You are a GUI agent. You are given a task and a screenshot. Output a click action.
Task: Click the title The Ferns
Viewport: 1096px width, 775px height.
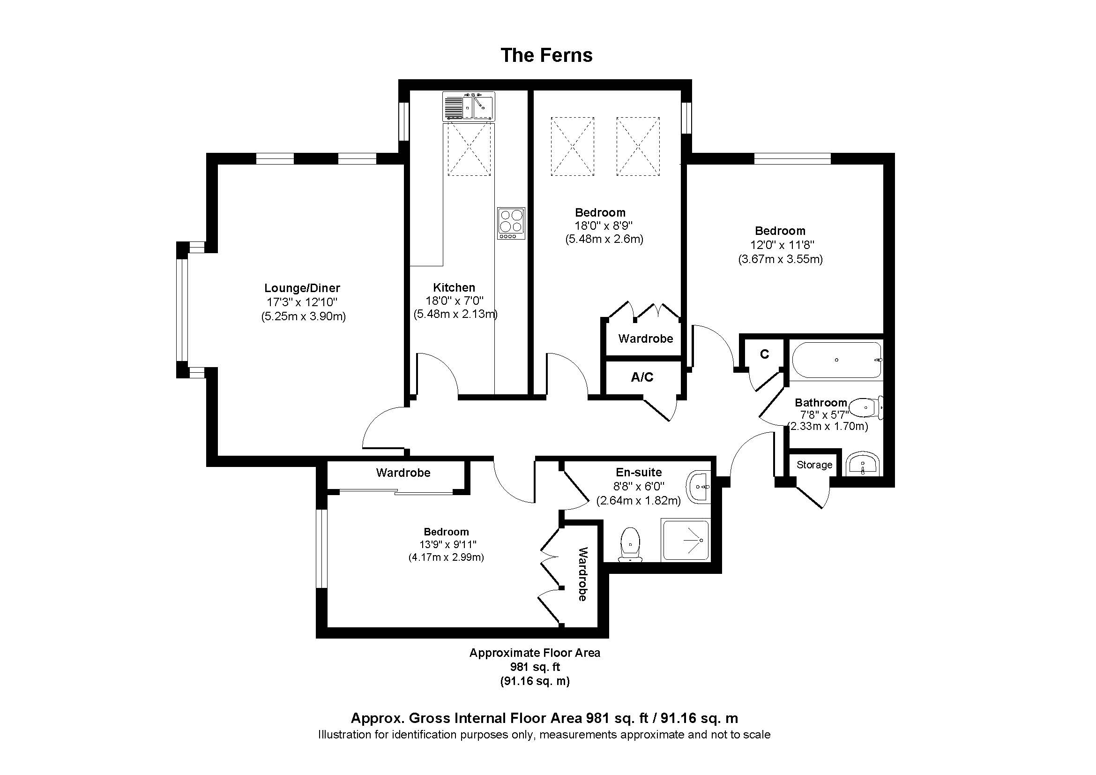tap(546, 55)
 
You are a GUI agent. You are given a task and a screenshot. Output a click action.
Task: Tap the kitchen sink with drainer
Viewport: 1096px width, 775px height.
tap(468, 106)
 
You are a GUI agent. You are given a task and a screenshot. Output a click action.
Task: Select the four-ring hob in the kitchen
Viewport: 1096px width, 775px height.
tap(511, 223)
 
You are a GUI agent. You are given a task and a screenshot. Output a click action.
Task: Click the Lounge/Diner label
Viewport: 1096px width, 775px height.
tap(302, 288)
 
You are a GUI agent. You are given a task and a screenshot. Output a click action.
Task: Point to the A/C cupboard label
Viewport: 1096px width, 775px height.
tap(642, 377)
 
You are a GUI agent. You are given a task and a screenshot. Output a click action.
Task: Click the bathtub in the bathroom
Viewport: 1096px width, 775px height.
tap(836, 360)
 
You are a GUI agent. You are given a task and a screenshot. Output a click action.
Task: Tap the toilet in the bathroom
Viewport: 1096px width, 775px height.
tap(866, 407)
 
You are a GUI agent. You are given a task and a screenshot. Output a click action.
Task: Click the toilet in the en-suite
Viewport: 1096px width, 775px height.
tap(631, 544)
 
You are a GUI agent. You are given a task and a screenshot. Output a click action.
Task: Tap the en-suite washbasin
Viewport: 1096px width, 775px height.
tap(699, 487)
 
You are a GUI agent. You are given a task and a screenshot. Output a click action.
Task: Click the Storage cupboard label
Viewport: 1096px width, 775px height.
tap(814, 465)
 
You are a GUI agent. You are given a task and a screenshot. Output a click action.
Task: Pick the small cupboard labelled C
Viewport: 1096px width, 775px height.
tap(764, 354)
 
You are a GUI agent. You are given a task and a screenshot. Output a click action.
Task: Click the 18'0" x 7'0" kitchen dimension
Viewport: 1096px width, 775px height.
tap(455, 301)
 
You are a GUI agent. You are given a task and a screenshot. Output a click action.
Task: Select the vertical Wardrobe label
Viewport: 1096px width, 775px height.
tap(582, 574)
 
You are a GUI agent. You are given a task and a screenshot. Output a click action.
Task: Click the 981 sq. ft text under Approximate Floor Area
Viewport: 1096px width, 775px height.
tap(535, 667)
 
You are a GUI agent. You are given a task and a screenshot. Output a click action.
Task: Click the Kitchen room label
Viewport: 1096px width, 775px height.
tap(454, 287)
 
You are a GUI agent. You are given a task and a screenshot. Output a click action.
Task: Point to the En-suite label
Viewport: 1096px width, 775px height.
tap(639, 472)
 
